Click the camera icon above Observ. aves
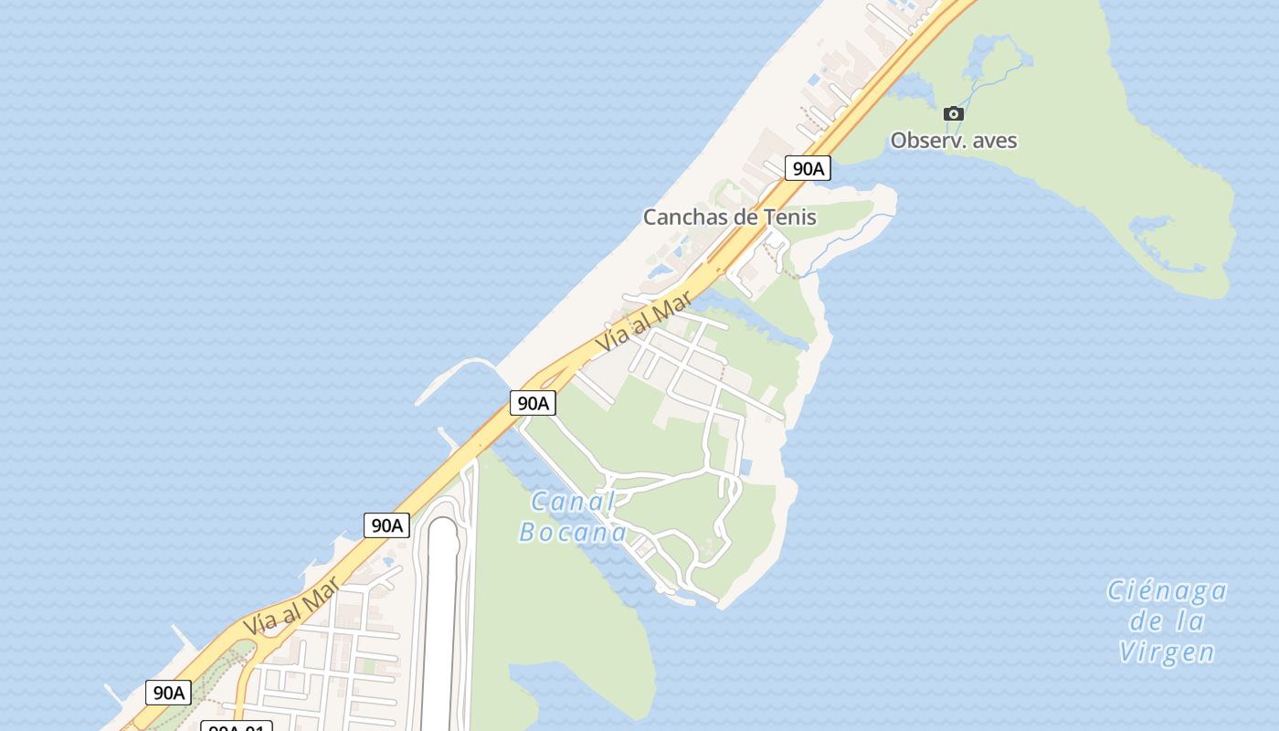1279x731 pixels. click(x=953, y=113)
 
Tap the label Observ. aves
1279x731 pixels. click(x=953, y=141)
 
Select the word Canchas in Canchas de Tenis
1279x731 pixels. click(x=682, y=217)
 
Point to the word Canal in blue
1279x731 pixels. click(x=573, y=502)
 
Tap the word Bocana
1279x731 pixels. click(x=573, y=533)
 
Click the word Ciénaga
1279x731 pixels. click(x=1167, y=591)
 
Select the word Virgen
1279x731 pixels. click(x=1167, y=652)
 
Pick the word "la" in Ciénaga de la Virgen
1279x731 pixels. click(x=1191, y=622)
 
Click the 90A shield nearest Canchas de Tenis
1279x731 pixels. click(x=808, y=168)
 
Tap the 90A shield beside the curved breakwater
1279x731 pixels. click(x=533, y=403)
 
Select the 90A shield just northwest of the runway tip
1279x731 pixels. click(x=386, y=525)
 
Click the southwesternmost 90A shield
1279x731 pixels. click(x=168, y=693)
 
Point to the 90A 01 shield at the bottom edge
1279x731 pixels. click(x=236, y=727)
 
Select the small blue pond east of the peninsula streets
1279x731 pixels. click(x=745, y=467)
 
